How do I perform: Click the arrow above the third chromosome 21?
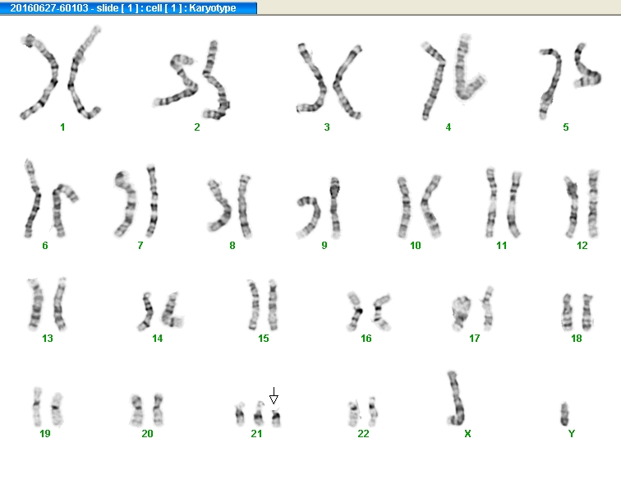(274, 395)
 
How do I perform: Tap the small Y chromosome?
(564, 413)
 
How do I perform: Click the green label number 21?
(256, 433)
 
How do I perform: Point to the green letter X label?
(467, 433)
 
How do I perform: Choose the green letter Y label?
(572, 433)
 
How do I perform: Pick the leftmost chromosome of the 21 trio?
(240, 414)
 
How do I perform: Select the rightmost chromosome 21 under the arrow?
(277, 418)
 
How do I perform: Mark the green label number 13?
(48, 338)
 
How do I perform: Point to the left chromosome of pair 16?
(355, 311)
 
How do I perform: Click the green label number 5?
(566, 127)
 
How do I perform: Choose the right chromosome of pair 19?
(57, 409)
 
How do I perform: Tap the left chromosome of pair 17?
(461, 313)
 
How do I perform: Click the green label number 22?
(364, 433)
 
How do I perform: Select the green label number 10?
(416, 245)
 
